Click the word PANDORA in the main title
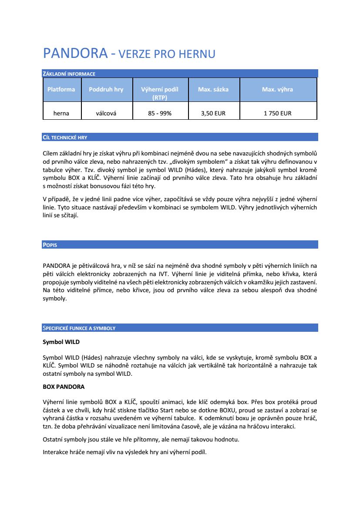click(75, 54)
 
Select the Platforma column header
click(61, 89)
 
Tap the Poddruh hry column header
click(106, 89)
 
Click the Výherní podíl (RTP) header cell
click(160, 93)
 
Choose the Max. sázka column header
click(213, 89)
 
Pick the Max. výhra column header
click(277, 89)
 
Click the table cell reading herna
click(61, 113)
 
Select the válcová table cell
click(106, 113)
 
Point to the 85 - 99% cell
click(160, 113)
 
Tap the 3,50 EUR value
click(213, 113)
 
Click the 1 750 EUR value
click(277, 113)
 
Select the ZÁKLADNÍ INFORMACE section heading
click(69, 74)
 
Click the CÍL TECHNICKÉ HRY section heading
click(65, 137)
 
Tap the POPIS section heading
click(50, 245)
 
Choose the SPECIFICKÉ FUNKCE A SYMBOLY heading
click(79, 328)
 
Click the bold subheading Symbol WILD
click(61, 342)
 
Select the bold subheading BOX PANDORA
click(64, 386)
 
